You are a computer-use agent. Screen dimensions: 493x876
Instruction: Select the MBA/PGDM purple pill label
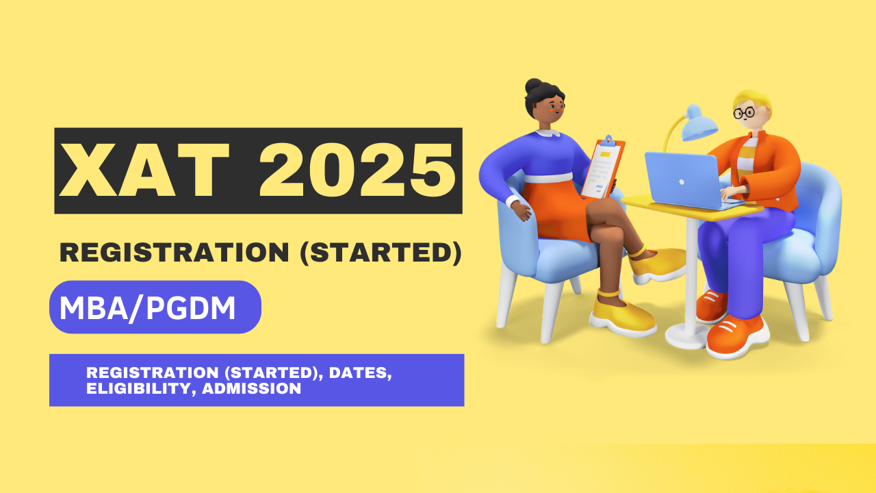155,307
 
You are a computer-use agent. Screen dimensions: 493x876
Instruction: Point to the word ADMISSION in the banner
252,388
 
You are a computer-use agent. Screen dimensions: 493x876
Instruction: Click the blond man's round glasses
744,112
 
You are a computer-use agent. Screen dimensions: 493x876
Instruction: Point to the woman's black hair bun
533,86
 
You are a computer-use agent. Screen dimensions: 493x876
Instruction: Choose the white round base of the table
688,334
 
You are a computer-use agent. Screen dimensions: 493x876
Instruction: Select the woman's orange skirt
554,209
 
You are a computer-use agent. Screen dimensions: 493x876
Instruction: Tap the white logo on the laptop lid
682,182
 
